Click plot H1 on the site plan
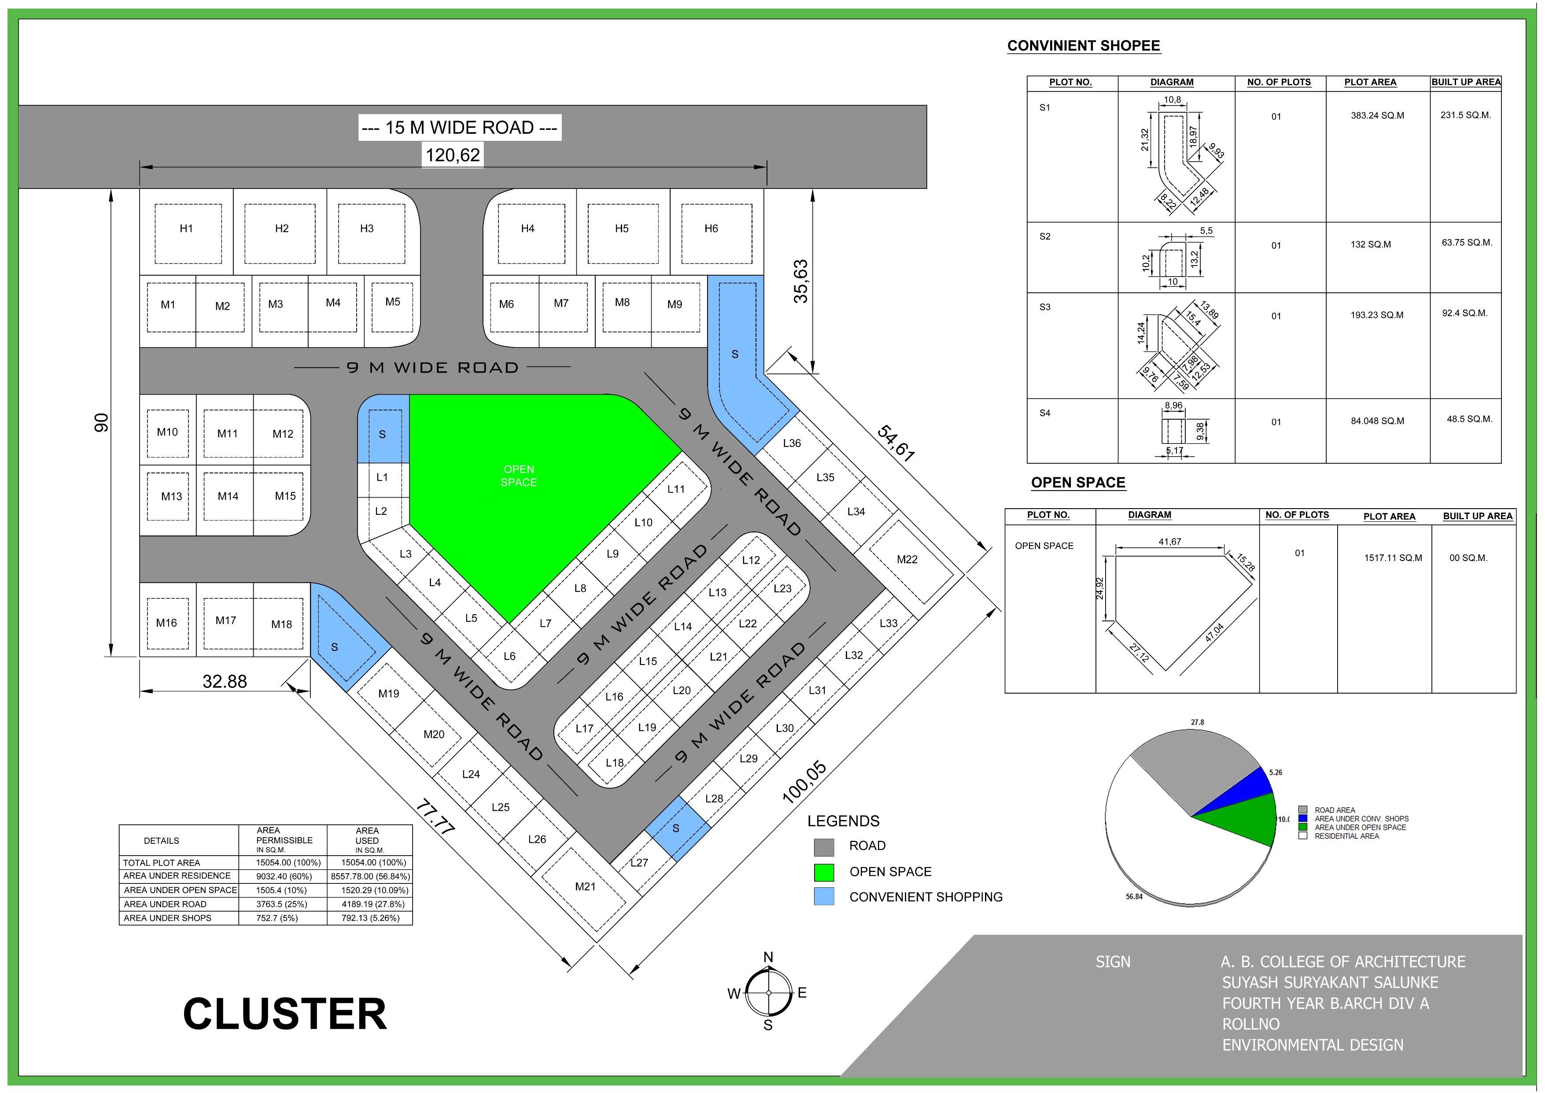pyautogui.click(x=186, y=229)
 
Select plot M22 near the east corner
pyautogui.click(x=907, y=559)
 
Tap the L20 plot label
pyautogui.click(x=682, y=690)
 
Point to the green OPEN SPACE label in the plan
pyautogui.click(x=518, y=475)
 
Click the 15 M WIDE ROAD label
pyautogui.click(x=460, y=127)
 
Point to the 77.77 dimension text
pyautogui.click(x=435, y=817)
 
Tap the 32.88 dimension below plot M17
pyautogui.click(x=225, y=682)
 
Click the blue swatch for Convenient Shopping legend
pyautogui.click(x=824, y=897)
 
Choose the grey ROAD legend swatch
pyautogui.click(x=824, y=847)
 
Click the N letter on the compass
pyautogui.click(x=768, y=957)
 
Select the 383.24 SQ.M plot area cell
pyautogui.click(x=1377, y=116)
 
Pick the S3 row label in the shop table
pyautogui.click(x=1044, y=307)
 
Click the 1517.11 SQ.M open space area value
pyautogui.click(x=1393, y=558)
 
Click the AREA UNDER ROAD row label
pyautogui.click(x=165, y=904)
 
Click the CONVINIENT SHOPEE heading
pyautogui.click(x=1084, y=46)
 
